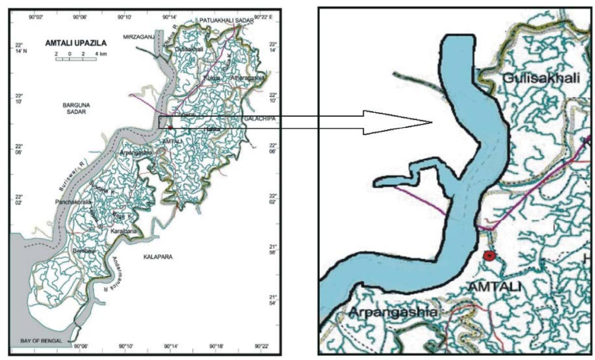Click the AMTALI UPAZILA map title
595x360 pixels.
pyautogui.click(x=76, y=43)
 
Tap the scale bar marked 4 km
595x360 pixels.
pyautogui.click(x=76, y=59)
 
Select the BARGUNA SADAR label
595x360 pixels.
pyautogui.click(x=76, y=108)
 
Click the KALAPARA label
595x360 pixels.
pyautogui.click(x=158, y=257)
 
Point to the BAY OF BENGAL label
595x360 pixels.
pyautogui.click(x=41, y=341)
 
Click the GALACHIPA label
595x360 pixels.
pyautogui.click(x=260, y=119)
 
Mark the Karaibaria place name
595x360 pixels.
pyautogui.click(x=123, y=231)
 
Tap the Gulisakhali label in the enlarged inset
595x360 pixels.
pyautogui.click(x=541, y=78)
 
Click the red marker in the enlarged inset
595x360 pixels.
pyautogui.click(x=489, y=256)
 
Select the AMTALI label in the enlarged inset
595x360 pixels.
pyautogui.click(x=494, y=286)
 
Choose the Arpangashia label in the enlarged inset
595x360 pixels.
pyautogui.click(x=394, y=312)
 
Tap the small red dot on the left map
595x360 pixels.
pyautogui.click(x=170, y=128)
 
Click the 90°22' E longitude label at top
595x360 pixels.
pyautogui.click(x=263, y=17)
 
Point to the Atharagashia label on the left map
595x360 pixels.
pyautogui.click(x=247, y=78)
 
